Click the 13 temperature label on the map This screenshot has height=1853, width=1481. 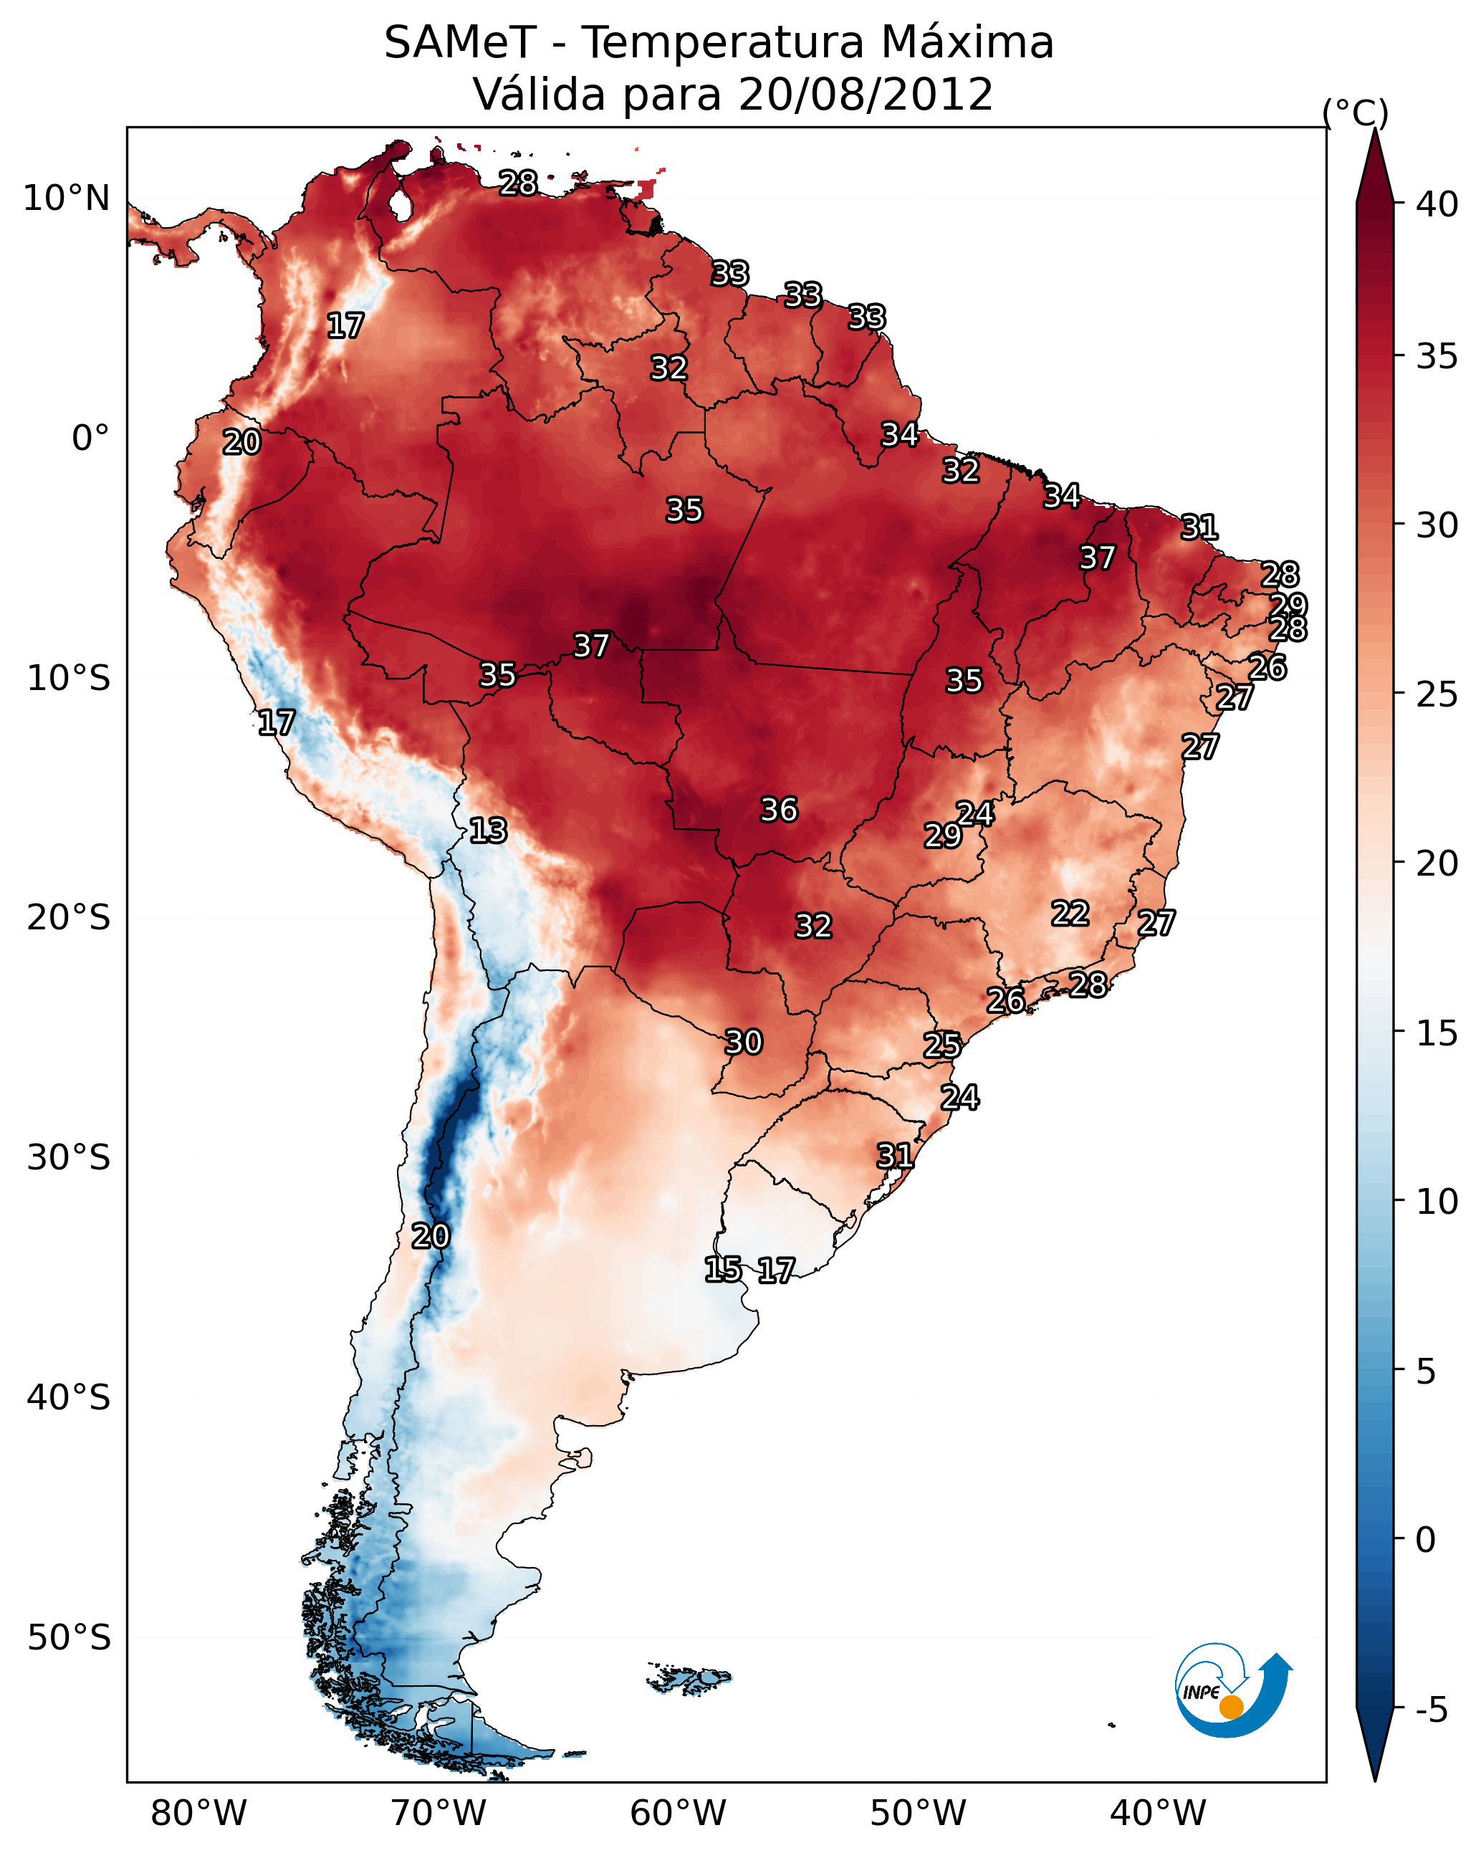pyautogui.click(x=487, y=830)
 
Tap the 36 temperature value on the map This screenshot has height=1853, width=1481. pyautogui.click(x=779, y=810)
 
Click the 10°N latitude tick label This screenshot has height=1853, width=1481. pyautogui.click(x=66, y=198)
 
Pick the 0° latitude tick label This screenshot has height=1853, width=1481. pyautogui.click(x=90, y=439)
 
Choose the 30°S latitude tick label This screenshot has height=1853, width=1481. pyautogui.click(x=68, y=1158)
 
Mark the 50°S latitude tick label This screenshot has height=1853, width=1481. pyautogui.click(x=68, y=1638)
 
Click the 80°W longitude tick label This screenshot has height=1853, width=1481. pyautogui.click(x=198, y=1813)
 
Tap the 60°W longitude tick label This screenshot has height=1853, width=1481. pyautogui.click(x=679, y=1813)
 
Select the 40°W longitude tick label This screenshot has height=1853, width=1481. pyautogui.click(x=1158, y=1813)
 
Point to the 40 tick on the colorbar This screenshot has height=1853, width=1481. pyautogui.click(x=1437, y=204)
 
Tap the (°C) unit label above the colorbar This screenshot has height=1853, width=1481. pyautogui.click(x=1355, y=112)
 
